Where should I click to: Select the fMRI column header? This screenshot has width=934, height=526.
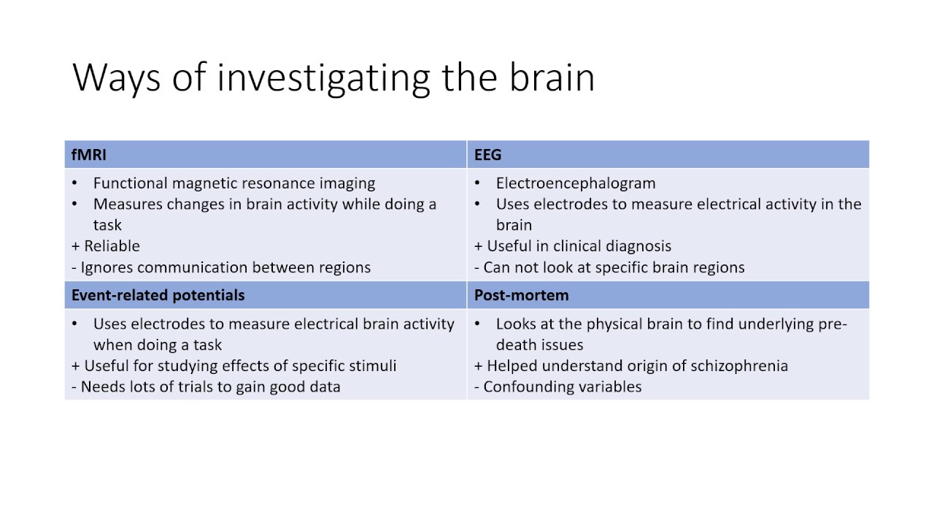pyautogui.click(x=89, y=155)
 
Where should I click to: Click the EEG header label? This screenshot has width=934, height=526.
pyautogui.click(x=487, y=155)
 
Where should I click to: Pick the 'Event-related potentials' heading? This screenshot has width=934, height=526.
pyautogui.click(x=158, y=295)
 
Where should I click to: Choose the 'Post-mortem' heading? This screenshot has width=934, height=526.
pyautogui.click(x=521, y=295)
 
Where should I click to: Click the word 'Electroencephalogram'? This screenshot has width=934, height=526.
pyautogui.click(x=576, y=183)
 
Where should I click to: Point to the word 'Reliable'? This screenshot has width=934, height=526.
pyautogui.click(x=112, y=246)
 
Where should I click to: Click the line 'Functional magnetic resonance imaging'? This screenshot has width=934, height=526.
pyautogui.click(x=234, y=183)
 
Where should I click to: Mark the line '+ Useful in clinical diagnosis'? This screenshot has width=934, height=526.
pyautogui.click(x=573, y=246)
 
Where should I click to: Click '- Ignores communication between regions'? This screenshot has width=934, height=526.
pyautogui.click(x=221, y=267)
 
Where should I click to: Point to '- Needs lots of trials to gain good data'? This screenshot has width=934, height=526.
pyautogui.click(x=206, y=386)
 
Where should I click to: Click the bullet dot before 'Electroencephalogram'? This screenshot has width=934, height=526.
pyautogui.click(x=477, y=183)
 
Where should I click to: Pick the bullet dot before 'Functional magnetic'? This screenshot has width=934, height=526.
pyautogui.click(x=75, y=183)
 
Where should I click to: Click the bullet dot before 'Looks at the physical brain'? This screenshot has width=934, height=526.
pyautogui.click(x=477, y=324)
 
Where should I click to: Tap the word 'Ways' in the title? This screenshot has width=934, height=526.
pyautogui.click(x=116, y=77)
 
